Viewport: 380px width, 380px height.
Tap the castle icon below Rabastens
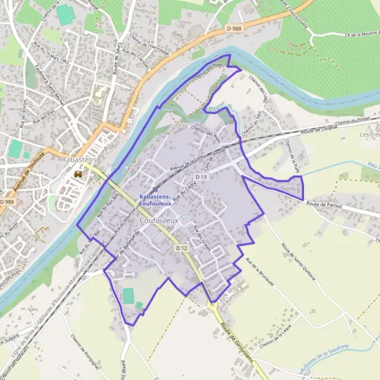pos(78,174)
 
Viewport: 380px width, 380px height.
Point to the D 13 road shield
pos(201,177)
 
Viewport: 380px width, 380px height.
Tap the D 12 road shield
pos(181,248)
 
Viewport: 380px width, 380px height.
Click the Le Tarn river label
pos(273,78)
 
